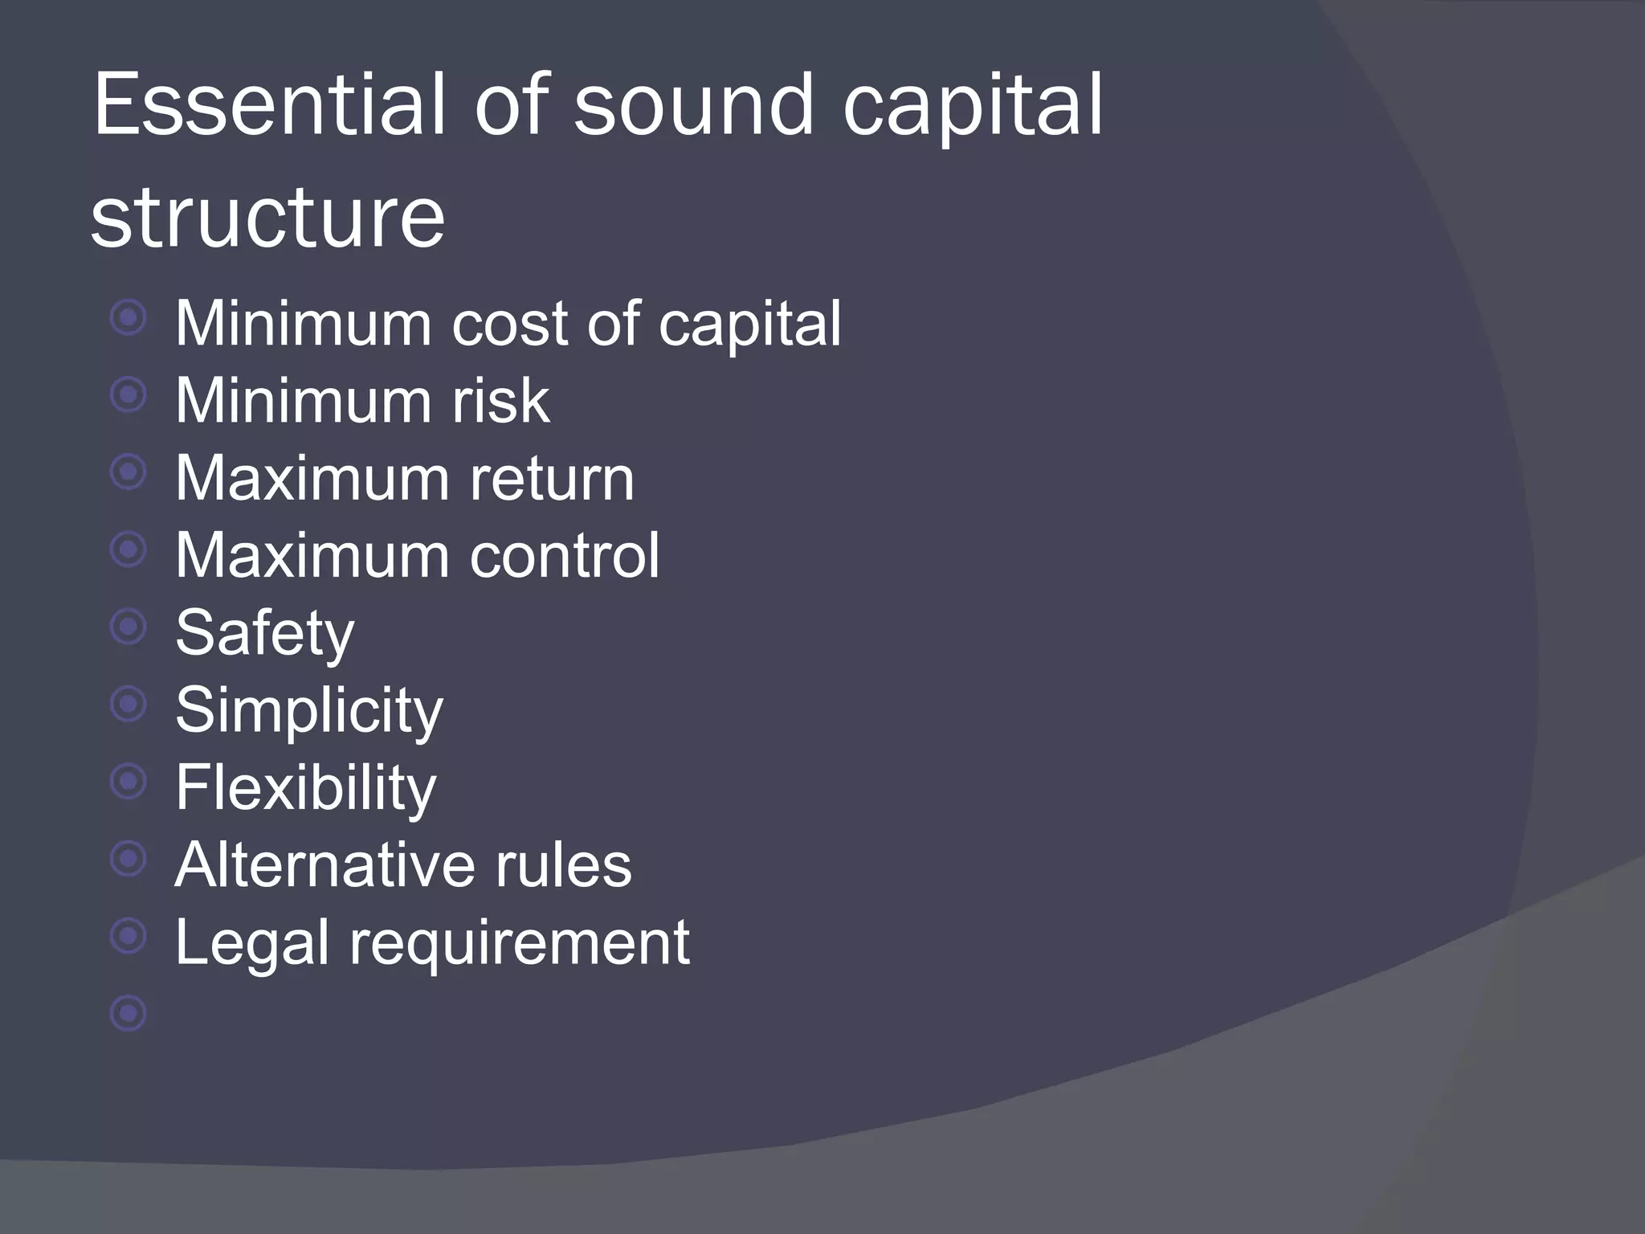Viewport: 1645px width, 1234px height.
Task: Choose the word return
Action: (552, 478)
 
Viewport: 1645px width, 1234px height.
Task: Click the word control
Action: (565, 555)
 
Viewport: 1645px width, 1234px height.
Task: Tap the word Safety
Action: (264, 633)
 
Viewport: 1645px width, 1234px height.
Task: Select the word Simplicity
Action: (308, 710)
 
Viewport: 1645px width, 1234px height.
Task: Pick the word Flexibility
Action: (305, 787)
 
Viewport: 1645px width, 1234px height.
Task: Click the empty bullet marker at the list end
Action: (129, 1013)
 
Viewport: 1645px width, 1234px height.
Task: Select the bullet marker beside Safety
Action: (129, 627)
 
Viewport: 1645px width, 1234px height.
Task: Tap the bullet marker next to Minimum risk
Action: (129, 394)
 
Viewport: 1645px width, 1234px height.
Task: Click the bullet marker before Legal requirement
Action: (129, 936)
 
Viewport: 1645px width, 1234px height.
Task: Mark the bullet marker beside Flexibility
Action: (129, 781)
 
